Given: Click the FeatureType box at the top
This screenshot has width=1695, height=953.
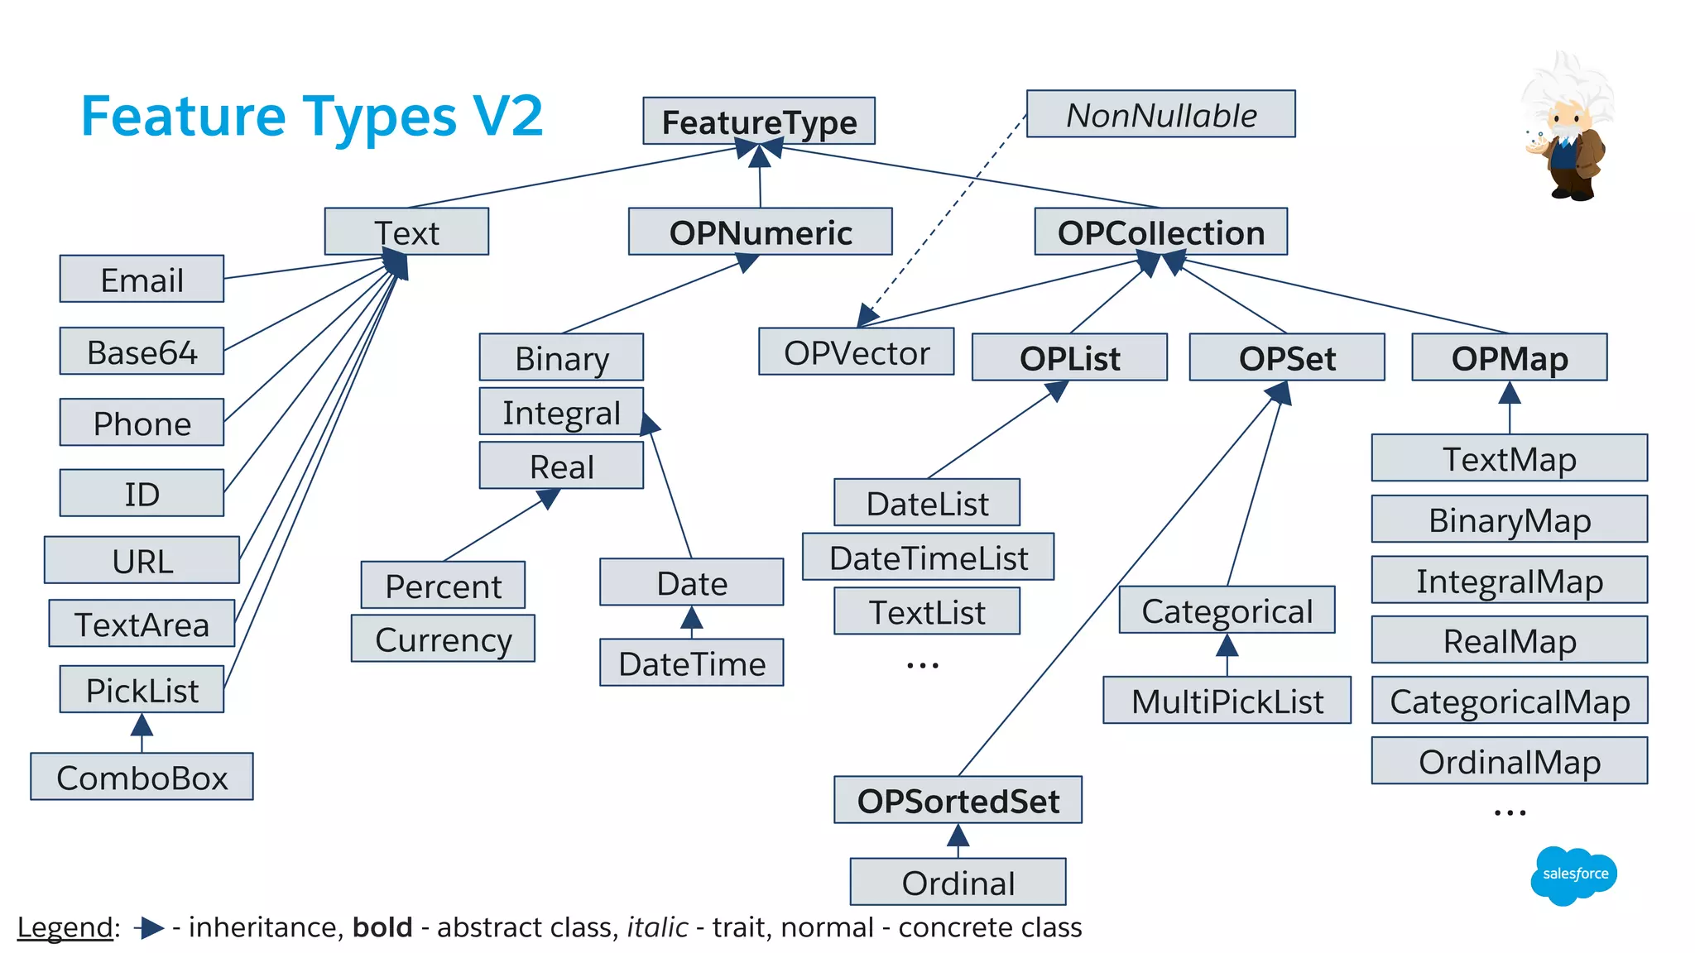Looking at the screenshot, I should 759,122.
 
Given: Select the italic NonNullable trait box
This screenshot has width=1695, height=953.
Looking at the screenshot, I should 1160,114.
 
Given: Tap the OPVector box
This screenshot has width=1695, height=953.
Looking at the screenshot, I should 856,352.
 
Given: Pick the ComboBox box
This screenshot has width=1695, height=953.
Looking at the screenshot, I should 142,777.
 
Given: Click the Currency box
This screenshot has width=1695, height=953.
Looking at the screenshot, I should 443,639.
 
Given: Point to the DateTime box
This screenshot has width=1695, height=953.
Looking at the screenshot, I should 691,663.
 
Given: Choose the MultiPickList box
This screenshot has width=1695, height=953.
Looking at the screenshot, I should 1227,701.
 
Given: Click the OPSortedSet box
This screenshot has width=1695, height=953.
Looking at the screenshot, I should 958,800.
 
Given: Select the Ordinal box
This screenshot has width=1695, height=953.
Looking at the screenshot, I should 958,882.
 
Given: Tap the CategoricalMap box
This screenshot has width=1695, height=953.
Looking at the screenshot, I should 1509,701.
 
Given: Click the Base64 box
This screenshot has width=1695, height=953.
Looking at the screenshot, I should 142,352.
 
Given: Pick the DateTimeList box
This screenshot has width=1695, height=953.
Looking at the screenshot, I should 928,557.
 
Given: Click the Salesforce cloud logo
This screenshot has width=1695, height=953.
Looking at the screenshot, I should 1573,874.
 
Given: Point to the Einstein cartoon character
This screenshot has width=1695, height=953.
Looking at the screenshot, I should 1567,128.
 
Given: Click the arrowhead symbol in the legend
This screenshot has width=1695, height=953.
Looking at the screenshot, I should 150,928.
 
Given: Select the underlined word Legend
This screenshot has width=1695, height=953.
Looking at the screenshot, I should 65,927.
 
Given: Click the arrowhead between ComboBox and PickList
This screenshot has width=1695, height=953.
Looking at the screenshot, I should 142,726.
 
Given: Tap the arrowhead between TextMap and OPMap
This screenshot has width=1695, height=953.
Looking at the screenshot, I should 1510,392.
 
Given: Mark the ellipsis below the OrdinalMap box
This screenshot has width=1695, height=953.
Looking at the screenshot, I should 1510,813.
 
